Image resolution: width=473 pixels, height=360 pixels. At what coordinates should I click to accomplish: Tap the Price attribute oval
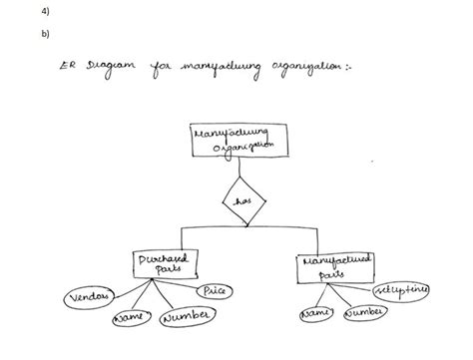tap(214, 290)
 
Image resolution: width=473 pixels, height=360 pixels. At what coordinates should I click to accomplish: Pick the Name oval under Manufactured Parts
tap(315, 315)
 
